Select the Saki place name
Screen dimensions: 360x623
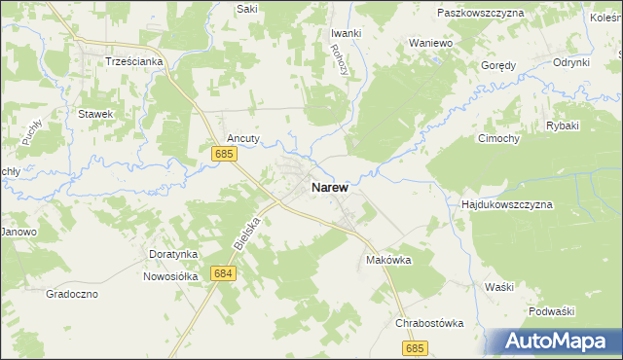pos(247,8)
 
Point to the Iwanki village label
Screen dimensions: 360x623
pos(346,32)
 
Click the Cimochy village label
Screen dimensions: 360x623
pos(498,138)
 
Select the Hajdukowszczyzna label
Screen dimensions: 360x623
pos(506,205)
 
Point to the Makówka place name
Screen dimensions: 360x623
pos(389,260)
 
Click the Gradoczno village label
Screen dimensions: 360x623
pos(72,293)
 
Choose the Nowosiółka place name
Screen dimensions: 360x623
pos(173,275)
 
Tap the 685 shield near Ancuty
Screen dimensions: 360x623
pos(224,154)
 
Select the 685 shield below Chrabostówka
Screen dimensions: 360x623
pos(416,348)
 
